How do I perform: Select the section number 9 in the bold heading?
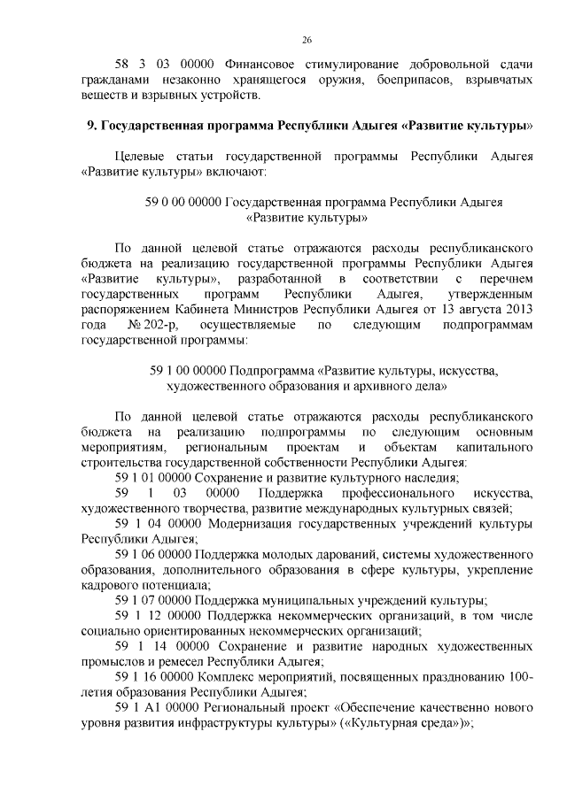pos(90,125)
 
